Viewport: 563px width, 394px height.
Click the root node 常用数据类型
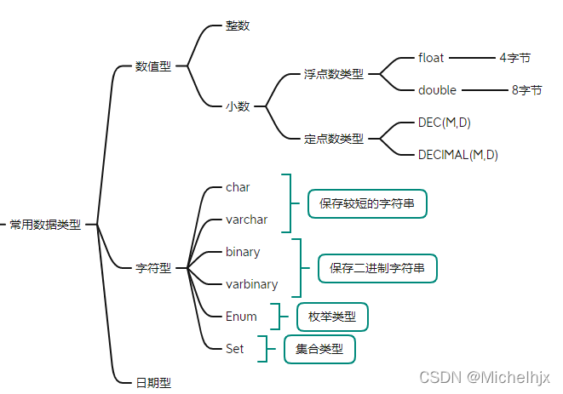(45, 225)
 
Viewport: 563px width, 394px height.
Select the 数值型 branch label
(153, 66)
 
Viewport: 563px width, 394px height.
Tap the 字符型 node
(153, 268)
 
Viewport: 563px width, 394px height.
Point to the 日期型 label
(153, 383)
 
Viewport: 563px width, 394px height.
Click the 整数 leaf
(238, 26)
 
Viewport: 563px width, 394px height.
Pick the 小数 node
(238, 106)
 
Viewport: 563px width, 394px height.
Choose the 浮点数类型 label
(334, 74)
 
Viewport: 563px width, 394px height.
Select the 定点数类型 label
(334, 139)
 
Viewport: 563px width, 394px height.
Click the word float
(431, 58)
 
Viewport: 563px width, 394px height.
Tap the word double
(437, 90)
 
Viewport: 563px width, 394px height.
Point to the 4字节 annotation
(515, 58)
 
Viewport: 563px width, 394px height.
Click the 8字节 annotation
(527, 90)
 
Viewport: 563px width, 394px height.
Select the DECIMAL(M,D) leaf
(458, 155)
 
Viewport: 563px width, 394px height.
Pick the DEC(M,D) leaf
(445, 123)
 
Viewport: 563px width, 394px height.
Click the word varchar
(247, 220)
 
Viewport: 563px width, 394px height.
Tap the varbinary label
(252, 284)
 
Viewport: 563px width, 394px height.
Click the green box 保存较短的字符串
(367, 204)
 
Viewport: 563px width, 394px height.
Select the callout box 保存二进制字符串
(377, 268)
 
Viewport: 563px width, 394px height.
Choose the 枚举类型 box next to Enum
(332, 317)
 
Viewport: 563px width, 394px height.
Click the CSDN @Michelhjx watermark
(485, 378)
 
